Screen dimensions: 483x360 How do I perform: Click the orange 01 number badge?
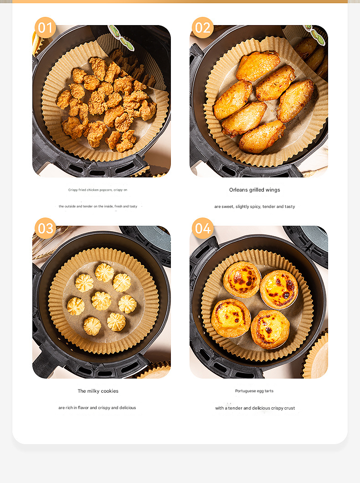coord(45,28)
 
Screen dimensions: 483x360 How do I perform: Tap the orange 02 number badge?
coord(202,28)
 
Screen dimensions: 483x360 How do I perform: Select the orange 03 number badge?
coord(45,228)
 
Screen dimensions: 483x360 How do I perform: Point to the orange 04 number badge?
coord(202,228)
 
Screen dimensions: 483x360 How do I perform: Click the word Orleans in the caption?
coord(239,190)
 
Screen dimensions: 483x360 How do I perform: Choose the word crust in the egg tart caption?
coord(289,408)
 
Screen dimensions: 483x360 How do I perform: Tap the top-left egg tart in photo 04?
coord(242,279)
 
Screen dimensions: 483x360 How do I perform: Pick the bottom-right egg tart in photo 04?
coord(270,328)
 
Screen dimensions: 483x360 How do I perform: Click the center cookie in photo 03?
coord(101,301)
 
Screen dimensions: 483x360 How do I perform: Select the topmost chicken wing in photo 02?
coord(258,66)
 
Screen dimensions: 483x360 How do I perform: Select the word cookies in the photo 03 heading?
coord(110,391)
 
